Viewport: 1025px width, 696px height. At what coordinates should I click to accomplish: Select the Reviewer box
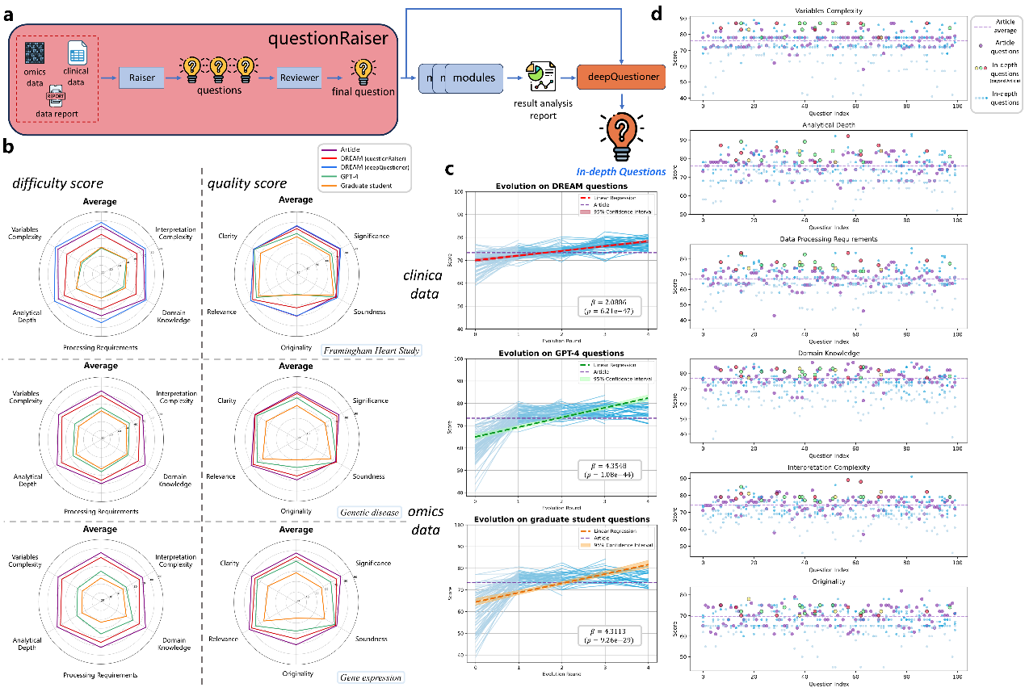coord(299,78)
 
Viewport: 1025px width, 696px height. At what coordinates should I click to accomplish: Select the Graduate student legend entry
coord(360,187)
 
